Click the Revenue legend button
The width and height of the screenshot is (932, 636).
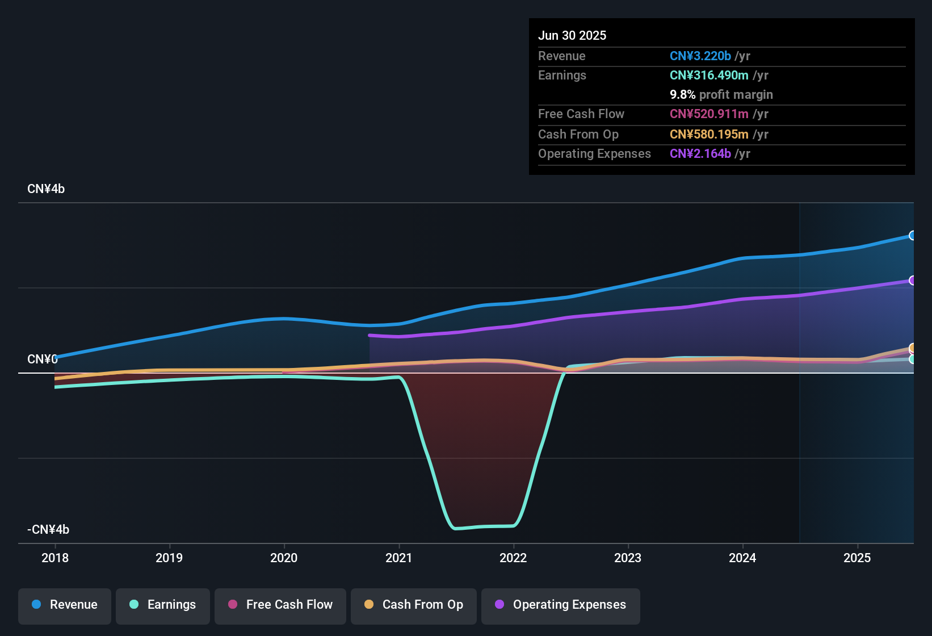coord(65,605)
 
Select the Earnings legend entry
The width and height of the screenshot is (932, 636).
coord(163,605)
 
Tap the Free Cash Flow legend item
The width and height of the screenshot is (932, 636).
coord(280,605)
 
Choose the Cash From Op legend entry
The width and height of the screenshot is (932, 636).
coord(414,605)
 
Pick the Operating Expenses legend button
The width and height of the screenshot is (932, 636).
coord(561,605)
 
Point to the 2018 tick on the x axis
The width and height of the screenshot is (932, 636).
coord(55,558)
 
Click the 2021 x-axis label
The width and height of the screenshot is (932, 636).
coord(398,558)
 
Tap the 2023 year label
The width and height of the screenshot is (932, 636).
coord(628,558)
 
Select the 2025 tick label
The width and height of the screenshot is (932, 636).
coord(857,558)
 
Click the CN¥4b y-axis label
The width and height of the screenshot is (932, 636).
coord(46,189)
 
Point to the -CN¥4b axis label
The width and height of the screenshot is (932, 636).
coord(48,529)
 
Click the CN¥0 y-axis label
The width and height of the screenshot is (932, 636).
coord(43,359)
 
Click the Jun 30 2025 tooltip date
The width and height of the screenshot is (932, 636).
coord(572,36)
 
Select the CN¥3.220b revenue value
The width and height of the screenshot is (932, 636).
coord(700,56)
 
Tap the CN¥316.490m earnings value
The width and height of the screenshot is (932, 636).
coord(709,76)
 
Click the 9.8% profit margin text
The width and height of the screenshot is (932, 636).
coord(721,95)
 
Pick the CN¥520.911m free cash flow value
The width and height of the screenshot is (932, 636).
coord(709,114)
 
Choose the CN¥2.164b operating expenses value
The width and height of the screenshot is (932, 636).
coord(700,154)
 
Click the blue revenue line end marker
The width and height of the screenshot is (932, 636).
coord(912,236)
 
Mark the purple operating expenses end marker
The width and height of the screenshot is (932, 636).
coord(912,281)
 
